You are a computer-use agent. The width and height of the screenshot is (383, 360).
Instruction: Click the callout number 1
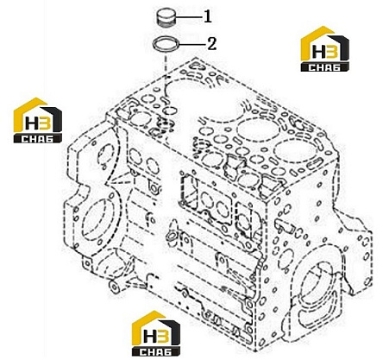208,16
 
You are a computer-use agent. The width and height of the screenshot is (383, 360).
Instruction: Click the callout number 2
212,44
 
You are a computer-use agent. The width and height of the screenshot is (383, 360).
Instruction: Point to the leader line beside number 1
189,17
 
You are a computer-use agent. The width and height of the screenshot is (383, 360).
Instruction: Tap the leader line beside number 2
192,45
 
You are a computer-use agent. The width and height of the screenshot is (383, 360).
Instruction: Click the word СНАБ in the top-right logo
324,67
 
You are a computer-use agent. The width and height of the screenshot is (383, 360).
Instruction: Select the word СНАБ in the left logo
38,139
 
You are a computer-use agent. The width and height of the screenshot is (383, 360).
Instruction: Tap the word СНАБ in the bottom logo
156,352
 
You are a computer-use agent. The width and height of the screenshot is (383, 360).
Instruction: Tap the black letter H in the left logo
31,123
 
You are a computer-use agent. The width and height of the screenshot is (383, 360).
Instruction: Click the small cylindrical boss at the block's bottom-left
114,286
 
